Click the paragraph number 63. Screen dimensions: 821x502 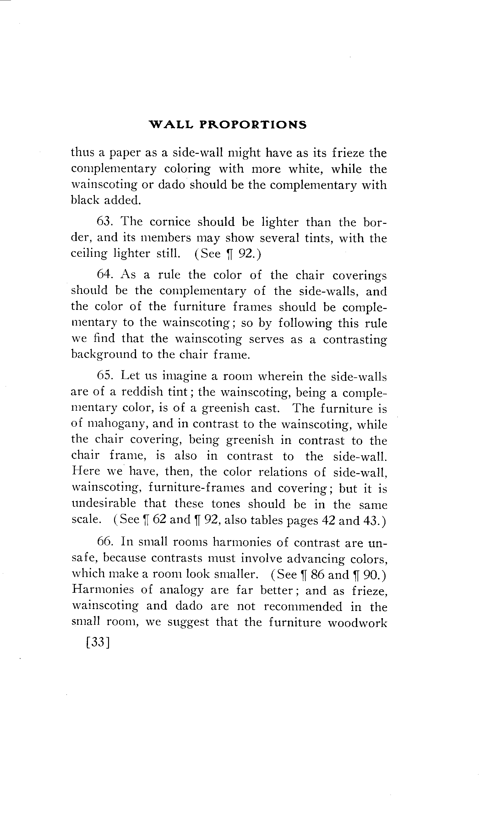(x=106, y=222)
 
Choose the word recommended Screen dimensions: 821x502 (x=303, y=607)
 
